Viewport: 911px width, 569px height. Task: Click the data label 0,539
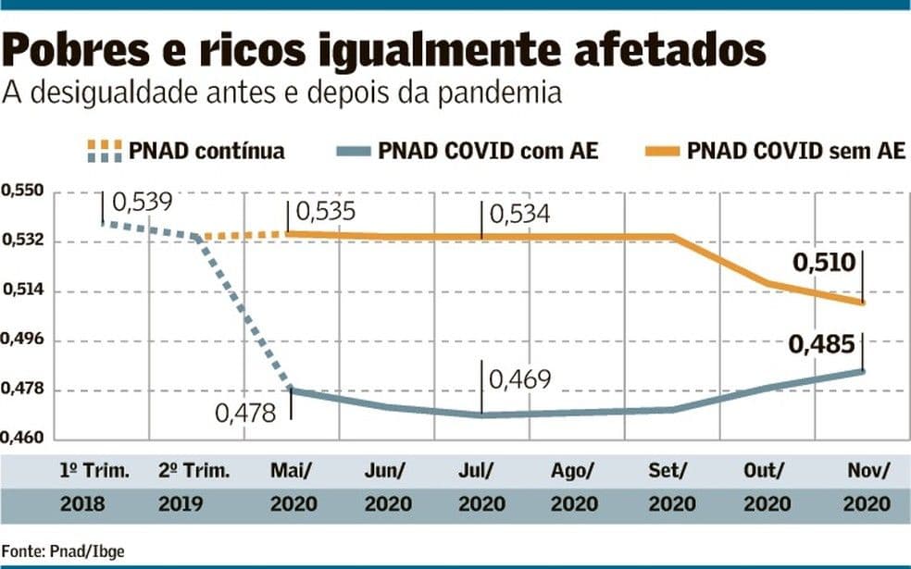142,202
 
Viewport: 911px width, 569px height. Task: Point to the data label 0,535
326,214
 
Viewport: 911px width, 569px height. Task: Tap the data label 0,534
519,215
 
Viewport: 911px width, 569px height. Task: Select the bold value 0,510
823,264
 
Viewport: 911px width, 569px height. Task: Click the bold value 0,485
823,346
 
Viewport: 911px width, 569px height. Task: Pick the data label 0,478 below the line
245,413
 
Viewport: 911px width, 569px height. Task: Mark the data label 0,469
519,379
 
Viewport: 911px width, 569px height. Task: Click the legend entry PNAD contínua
206,151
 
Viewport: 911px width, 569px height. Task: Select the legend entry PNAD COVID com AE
488,151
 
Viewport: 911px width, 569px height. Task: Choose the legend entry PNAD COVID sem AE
796,151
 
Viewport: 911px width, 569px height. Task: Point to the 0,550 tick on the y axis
22,192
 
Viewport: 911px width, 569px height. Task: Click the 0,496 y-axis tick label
22,340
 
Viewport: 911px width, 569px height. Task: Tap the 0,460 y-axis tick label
22,439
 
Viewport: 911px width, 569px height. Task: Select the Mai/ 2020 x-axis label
292,488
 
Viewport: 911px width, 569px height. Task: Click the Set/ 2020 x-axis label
672,488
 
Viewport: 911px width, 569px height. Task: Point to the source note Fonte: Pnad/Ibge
62,551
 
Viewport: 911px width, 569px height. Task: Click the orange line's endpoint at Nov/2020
863,303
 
